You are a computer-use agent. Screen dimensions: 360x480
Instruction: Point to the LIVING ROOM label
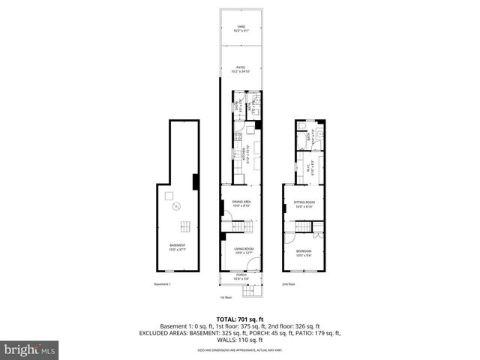pyautogui.click(x=241, y=250)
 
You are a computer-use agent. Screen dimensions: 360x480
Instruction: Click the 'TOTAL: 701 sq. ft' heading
pyautogui.click(x=240, y=318)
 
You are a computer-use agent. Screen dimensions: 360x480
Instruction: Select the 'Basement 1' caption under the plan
pyautogui.click(x=163, y=284)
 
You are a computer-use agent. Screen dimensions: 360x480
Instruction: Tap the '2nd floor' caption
pyautogui.click(x=288, y=284)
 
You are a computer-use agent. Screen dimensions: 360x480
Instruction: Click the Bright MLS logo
pyautogui.click(x=30, y=349)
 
